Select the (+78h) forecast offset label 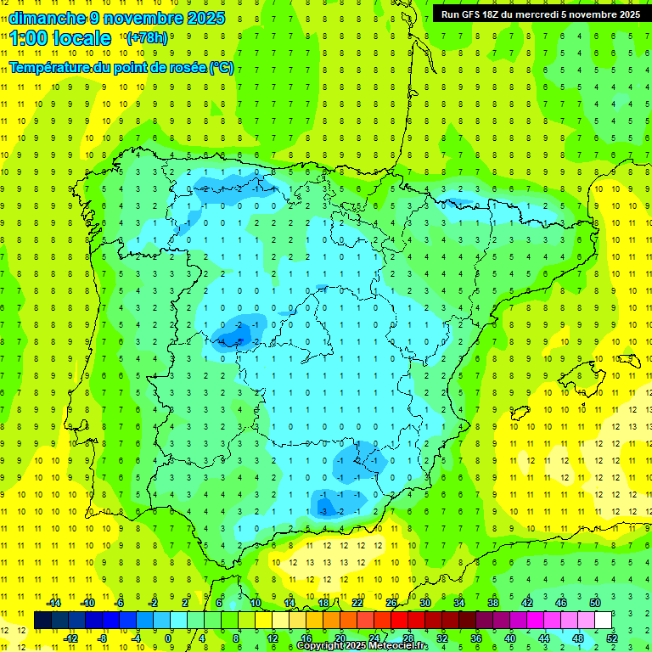(x=147, y=38)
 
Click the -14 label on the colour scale (x=53, y=603)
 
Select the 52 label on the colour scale (x=612, y=638)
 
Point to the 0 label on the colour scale (x=169, y=638)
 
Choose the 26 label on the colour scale (x=391, y=603)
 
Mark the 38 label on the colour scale (x=493, y=603)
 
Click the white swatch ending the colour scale (x=603, y=620)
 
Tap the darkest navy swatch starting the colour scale (x=42, y=620)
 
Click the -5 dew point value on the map (x=239, y=341)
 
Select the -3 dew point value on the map (x=323, y=511)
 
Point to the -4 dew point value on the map (x=222, y=341)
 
